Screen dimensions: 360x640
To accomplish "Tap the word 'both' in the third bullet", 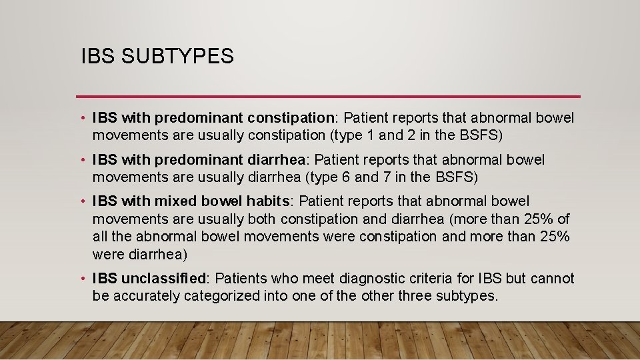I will point(263,219).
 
